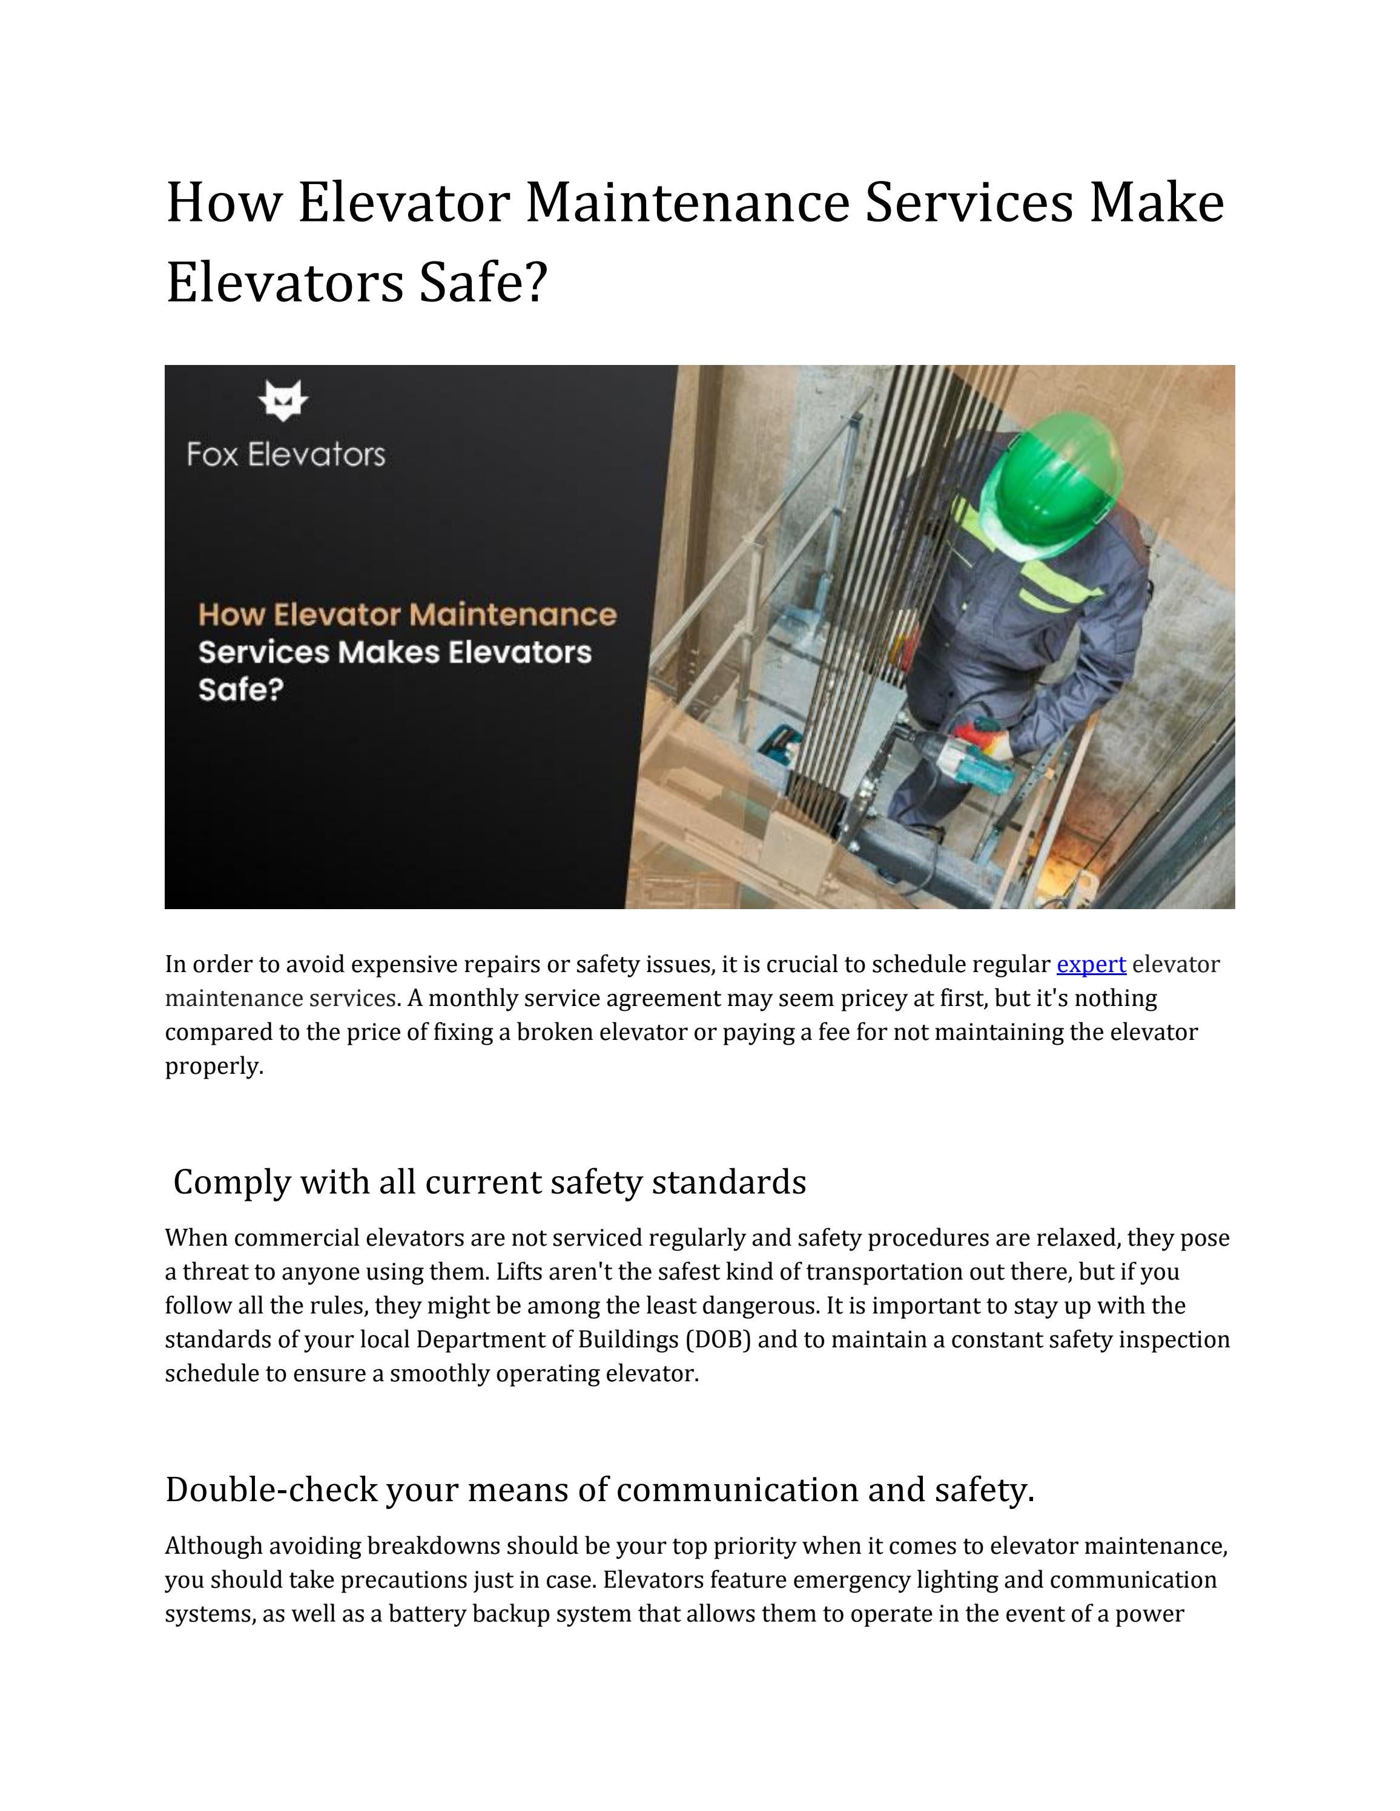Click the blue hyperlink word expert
point(1090,964)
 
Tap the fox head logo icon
point(283,401)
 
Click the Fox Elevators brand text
point(286,455)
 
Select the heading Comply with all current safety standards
point(489,1182)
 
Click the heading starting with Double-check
point(599,1489)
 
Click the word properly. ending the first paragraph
point(214,1067)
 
